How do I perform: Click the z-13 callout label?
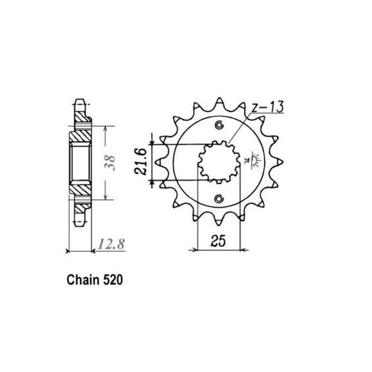267,107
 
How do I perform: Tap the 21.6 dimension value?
141,161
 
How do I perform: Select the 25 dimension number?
218,241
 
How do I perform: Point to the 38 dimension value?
110,163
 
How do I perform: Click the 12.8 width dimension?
111,244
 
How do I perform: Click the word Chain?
83,280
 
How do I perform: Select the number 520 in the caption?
113,280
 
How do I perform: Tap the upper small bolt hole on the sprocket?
219,125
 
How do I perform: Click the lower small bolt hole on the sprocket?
219,198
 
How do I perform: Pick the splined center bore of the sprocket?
219,162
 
